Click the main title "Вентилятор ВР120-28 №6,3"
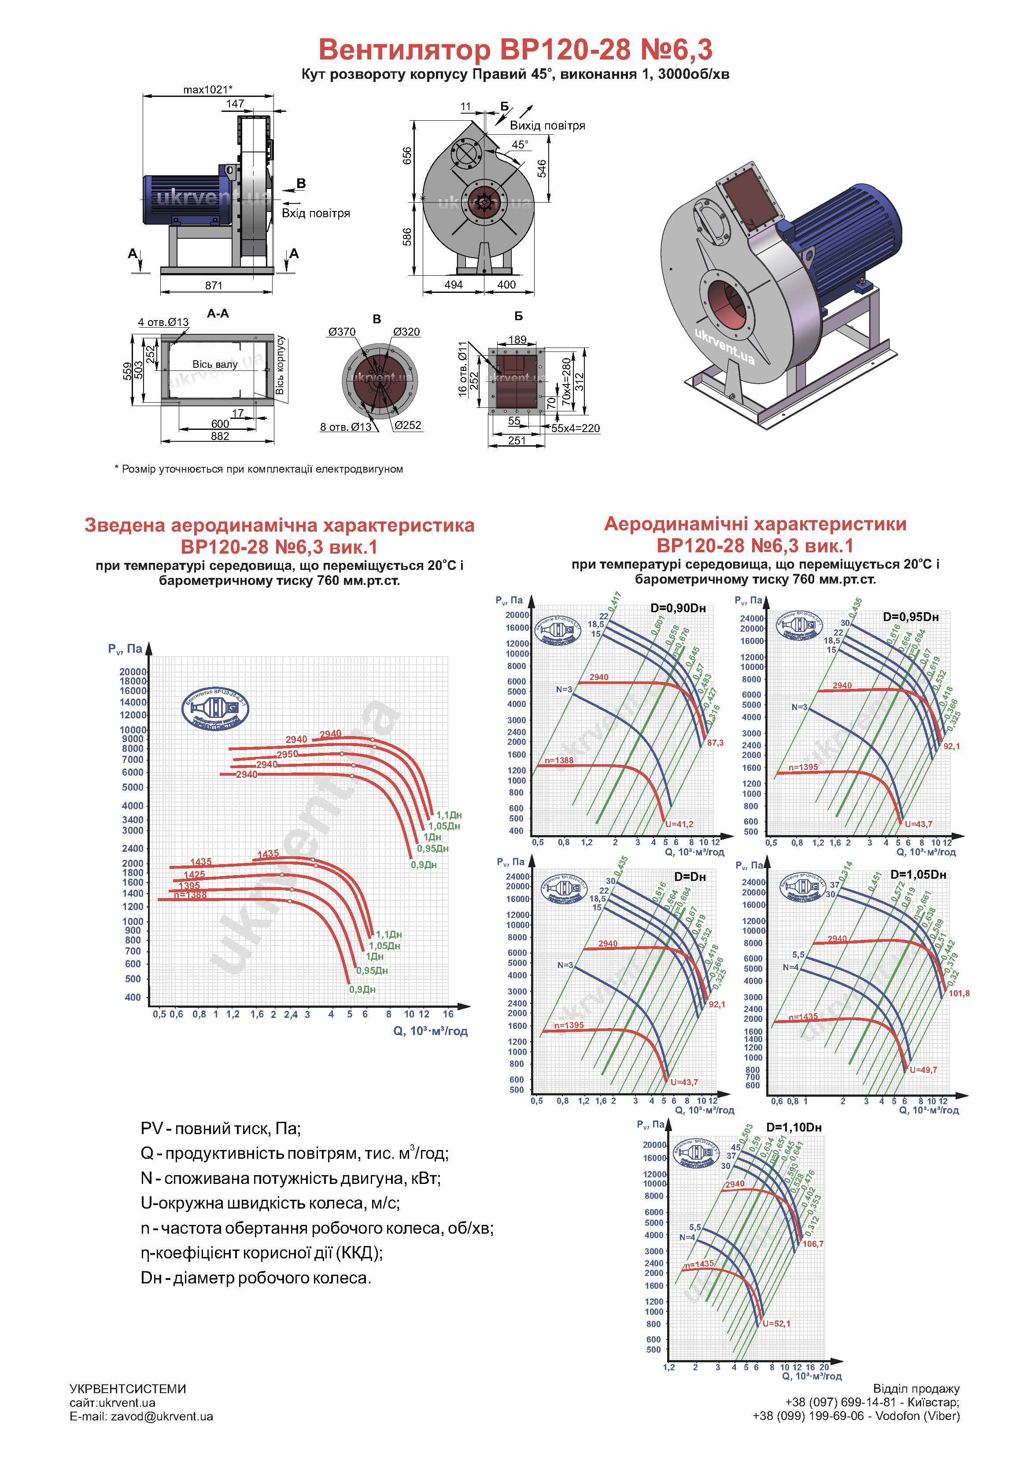tap(515, 49)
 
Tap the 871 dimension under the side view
tap(214, 285)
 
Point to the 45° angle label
tap(520, 144)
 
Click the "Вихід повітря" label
tap(547, 126)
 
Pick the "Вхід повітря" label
tap(315, 213)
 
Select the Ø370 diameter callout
tap(342, 332)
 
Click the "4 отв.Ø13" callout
tap(163, 322)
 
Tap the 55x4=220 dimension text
tap(575, 429)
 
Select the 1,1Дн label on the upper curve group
tap(449, 815)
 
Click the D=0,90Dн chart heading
tap(678, 608)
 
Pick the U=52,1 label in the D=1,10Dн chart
tap(776, 1324)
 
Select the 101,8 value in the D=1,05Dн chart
tap(959, 993)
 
